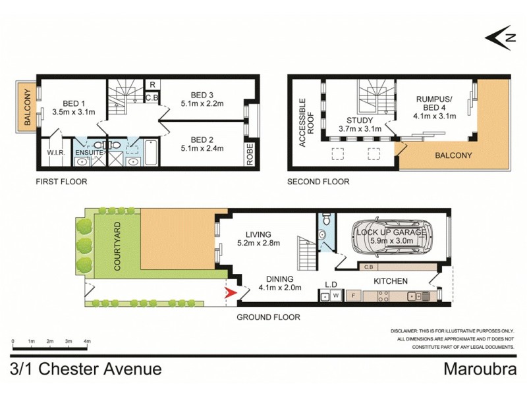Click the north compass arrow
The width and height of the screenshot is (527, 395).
pyautogui.click(x=499, y=38)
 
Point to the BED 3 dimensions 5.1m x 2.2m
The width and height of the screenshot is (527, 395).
pyautogui.click(x=202, y=103)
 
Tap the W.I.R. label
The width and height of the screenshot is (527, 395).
pyautogui.click(x=54, y=153)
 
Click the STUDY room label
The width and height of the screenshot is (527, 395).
pyautogui.click(x=360, y=120)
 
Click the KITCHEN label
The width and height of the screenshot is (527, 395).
pyautogui.click(x=391, y=281)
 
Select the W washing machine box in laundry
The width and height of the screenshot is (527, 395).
pyautogui.click(x=335, y=296)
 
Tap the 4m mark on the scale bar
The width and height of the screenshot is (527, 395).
pyautogui.click(x=87, y=341)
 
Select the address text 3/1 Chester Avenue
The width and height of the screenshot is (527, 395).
pyautogui.click(x=86, y=369)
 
